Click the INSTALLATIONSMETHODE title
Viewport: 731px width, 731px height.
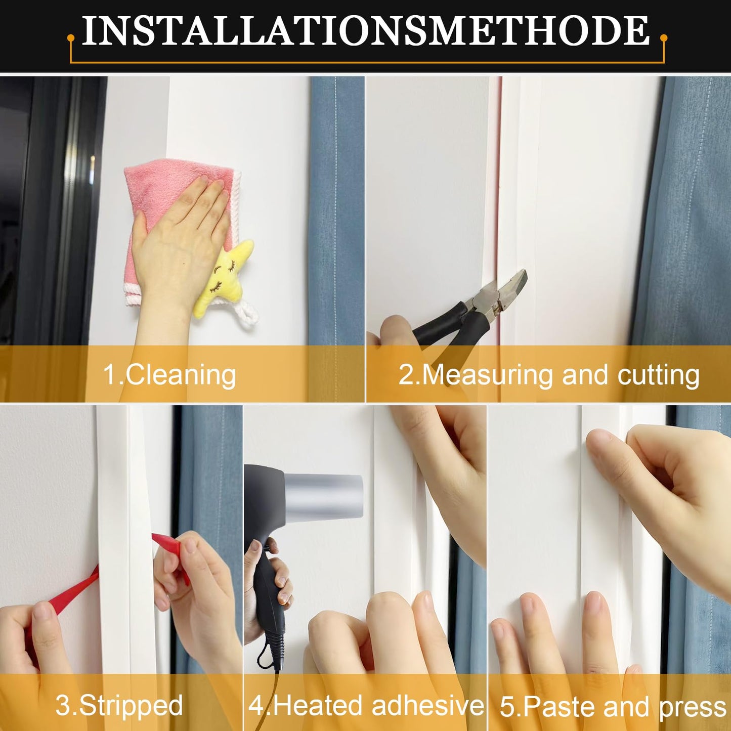point(365,31)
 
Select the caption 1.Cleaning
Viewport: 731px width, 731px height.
point(169,375)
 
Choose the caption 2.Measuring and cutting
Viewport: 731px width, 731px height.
point(549,375)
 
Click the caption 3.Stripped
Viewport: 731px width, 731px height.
point(119,705)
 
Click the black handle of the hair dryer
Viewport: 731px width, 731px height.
point(268,597)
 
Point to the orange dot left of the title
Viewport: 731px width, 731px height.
point(71,38)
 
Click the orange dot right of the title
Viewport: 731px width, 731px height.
point(664,38)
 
